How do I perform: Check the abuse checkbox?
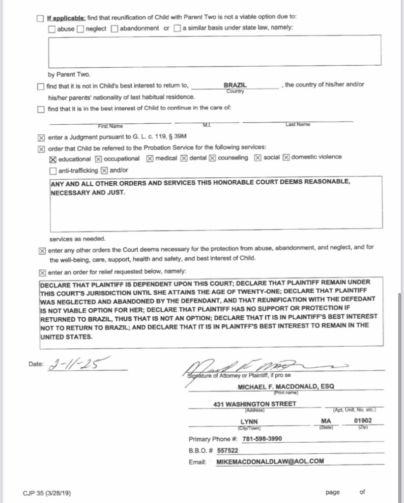[52, 28]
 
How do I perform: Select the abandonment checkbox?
[115, 28]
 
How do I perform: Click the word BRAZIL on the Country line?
[235, 85]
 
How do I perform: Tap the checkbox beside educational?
[53, 159]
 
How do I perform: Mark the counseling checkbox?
[213, 158]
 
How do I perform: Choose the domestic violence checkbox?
[286, 158]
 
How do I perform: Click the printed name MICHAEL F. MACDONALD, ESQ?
[286, 387]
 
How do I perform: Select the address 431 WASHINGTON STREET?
[255, 404]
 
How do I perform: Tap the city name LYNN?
[249, 421]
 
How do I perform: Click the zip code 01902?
[363, 421]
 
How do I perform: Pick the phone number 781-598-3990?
[262, 439]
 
